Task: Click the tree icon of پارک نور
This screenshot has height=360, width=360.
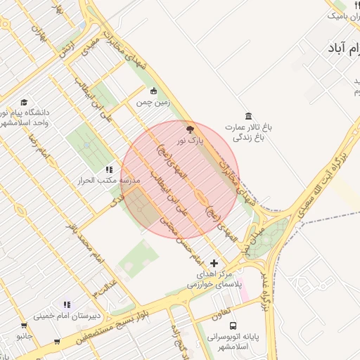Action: coord(188,129)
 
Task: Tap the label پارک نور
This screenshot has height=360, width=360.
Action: coord(188,141)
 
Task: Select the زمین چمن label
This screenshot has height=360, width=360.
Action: coord(154,101)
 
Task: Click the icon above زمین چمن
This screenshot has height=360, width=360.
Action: coord(154,90)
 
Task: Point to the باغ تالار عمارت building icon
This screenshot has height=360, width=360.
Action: coord(247,116)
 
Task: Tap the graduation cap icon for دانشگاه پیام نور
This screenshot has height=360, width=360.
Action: coord(25,102)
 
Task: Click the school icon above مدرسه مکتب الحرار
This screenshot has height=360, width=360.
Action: coord(108,169)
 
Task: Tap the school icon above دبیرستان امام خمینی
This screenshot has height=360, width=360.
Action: coord(67,304)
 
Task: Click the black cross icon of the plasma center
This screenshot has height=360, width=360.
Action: coord(214,263)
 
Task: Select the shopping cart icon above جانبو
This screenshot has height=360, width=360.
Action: coord(24,326)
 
